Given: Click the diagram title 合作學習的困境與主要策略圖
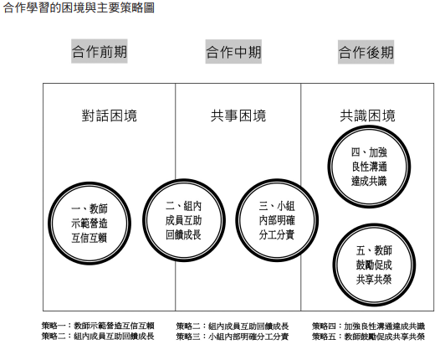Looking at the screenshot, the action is click(79, 8).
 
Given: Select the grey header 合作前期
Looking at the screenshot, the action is click(99, 51).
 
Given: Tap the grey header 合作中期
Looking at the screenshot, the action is click(233, 52).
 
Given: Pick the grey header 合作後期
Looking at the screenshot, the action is click(366, 52).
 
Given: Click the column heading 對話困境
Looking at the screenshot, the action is click(110, 116).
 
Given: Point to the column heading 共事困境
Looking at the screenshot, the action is click(238, 116).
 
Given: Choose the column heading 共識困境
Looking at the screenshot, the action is click(367, 116).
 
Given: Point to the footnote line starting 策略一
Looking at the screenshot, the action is click(98, 326).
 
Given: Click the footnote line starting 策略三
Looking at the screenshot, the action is click(233, 337).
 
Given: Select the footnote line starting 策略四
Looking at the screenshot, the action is click(368, 326).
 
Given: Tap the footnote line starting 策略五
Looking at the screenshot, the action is click(368, 337).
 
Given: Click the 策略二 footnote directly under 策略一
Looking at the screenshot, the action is click(98, 336).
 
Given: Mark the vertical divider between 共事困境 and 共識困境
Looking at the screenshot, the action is click(301, 197).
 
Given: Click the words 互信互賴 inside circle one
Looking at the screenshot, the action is click(90, 238).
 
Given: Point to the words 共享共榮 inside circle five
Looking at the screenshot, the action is click(374, 280).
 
